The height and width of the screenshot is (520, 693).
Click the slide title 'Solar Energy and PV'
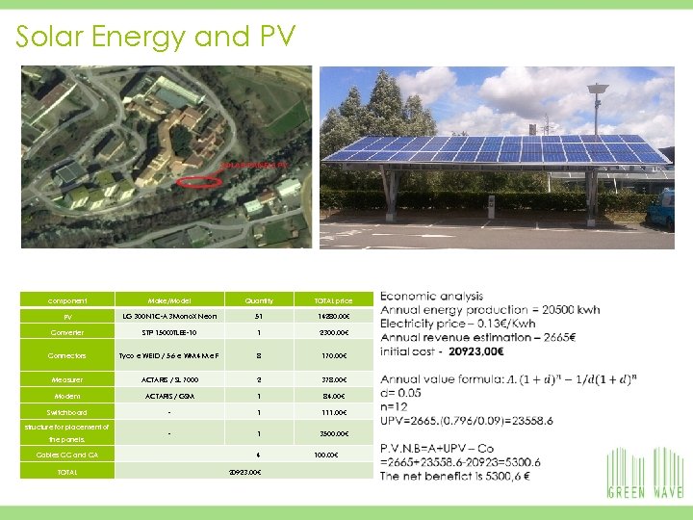pos(155,37)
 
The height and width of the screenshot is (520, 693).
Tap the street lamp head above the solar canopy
pos(598,90)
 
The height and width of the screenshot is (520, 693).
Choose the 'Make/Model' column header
pos(169,300)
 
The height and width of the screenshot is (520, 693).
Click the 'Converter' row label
pos(67,332)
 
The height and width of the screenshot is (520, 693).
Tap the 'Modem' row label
pos(67,396)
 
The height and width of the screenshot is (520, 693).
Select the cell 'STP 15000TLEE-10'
pos(169,332)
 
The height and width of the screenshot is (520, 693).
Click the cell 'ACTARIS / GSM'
pos(169,396)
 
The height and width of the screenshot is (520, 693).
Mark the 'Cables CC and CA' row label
pos(67,455)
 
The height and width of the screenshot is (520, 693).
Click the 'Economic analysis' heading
pos(431,296)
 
